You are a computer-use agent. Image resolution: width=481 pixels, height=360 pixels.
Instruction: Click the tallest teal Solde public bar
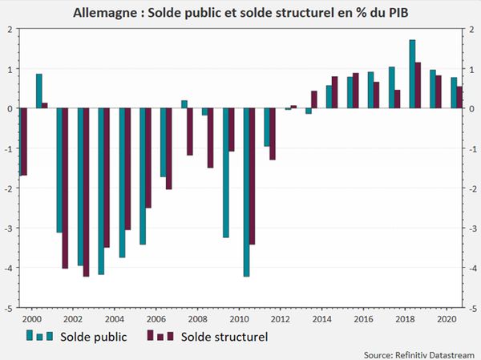(412, 74)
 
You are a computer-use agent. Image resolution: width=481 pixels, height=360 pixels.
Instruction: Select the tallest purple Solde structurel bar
(418, 85)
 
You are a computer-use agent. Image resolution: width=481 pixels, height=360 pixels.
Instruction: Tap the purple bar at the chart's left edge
(24, 142)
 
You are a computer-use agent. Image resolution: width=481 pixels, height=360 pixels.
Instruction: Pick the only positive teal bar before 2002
(39, 91)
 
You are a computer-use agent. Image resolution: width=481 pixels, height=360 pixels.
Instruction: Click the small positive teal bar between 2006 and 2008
(184, 104)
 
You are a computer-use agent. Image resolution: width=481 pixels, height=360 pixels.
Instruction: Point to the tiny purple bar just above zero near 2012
(293, 107)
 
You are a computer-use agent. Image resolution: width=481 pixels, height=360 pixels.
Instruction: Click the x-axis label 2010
(239, 319)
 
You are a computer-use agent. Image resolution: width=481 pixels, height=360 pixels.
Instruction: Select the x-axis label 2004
(115, 319)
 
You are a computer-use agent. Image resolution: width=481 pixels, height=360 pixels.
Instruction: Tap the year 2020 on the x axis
(447, 319)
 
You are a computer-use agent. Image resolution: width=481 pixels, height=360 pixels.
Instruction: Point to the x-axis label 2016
(364, 319)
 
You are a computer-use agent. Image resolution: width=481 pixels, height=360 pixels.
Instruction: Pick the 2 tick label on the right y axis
(472, 30)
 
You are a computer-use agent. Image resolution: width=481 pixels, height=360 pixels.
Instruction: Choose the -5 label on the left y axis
(8, 309)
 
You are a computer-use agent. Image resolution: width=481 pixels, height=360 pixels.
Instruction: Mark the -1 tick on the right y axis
(472, 149)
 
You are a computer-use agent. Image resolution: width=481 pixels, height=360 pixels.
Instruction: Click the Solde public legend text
(93, 337)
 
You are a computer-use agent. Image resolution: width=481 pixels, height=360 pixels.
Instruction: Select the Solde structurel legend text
(224, 337)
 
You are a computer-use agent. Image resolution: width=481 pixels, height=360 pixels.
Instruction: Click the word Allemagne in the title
(106, 13)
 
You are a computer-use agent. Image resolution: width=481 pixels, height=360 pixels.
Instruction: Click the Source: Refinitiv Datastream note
(418, 355)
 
